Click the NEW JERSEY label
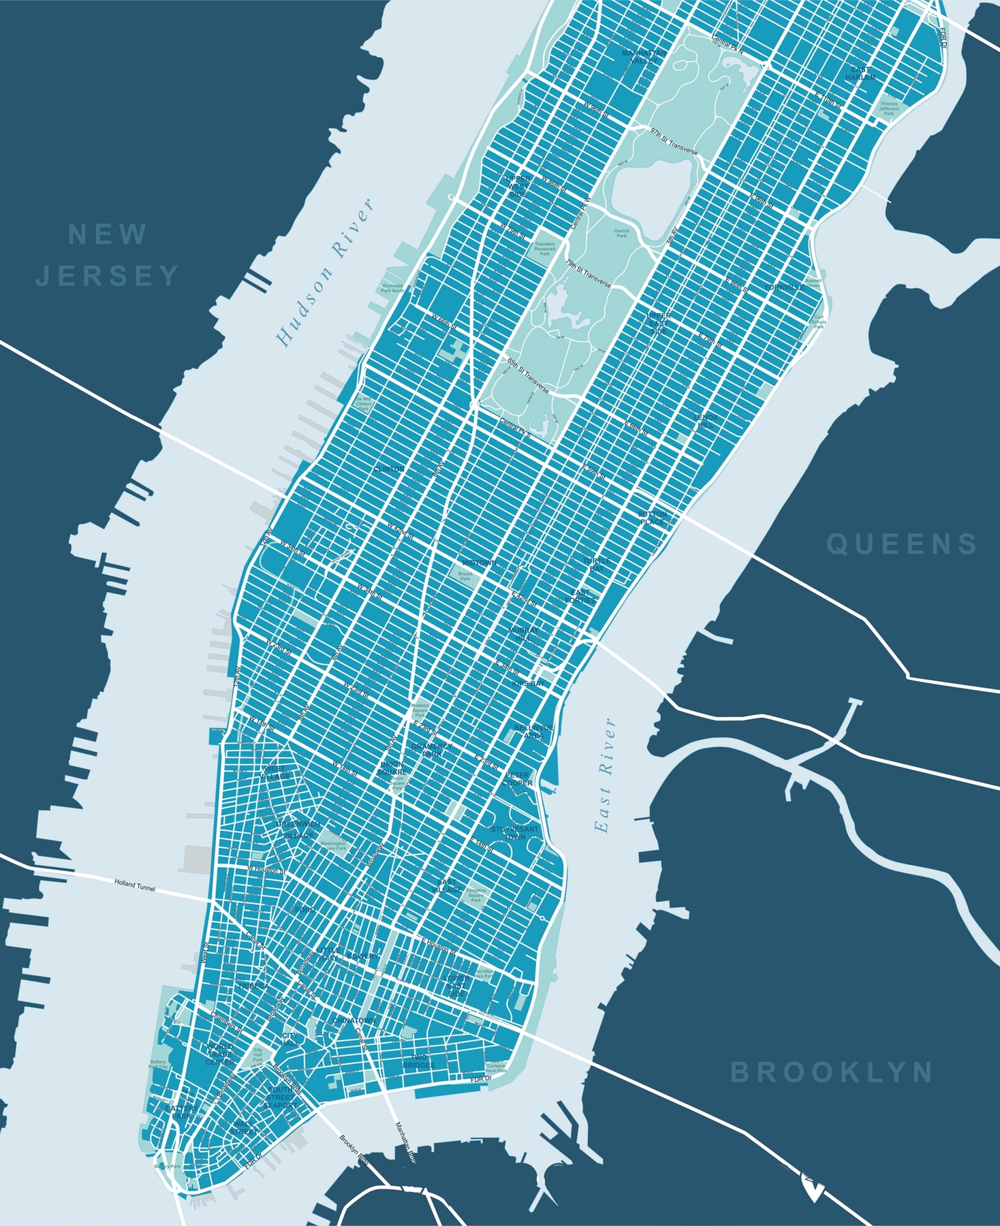(x=108, y=255)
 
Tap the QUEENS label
(x=902, y=544)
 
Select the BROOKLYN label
(x=831, y=1072)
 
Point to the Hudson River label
(x=326, y=273)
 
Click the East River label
(x=604, y=774)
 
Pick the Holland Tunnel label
(x=135, y=886)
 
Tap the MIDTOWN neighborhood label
(x=479, y=563)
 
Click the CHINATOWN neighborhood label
(x=355, y=1020)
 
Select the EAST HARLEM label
(x=860, y=74)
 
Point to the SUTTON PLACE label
(x=652, y=518)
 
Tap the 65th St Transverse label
(x=528, y=375)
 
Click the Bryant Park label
(x=465, y=577)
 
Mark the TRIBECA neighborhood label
(x=252, y=986)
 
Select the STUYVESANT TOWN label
(x=515, y=832)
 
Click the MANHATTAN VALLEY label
(x=644, y=57)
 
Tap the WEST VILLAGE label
(x=274, y=772)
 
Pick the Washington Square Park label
(x=334, y=846)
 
